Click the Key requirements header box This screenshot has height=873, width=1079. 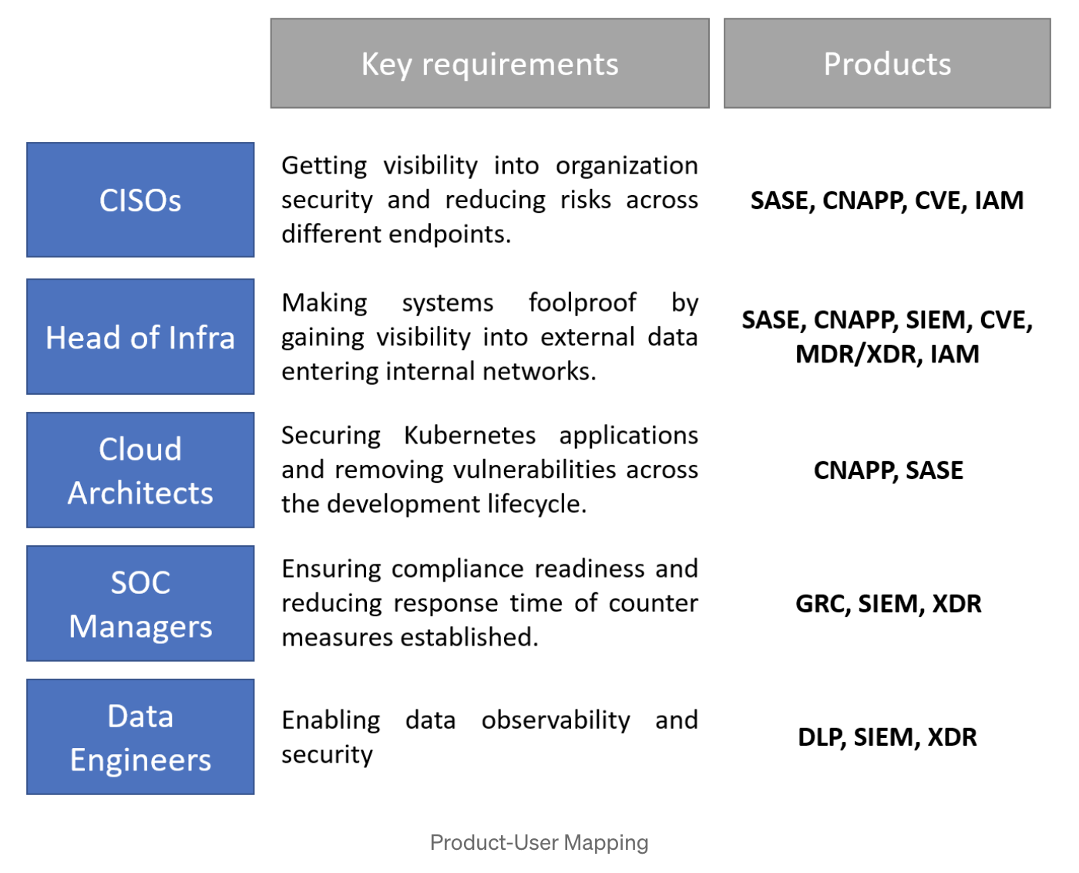coord(489,63)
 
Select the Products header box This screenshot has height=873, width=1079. coord(887,63)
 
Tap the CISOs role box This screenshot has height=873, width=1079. coord(140,200)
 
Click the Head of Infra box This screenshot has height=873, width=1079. coord(140,336)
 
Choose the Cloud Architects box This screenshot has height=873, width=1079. coord(140,470)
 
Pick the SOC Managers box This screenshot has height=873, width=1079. coord(140,603)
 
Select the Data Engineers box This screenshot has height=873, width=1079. coord(140,736)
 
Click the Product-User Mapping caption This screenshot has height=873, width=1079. coord(539,843)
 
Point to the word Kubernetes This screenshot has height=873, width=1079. coord(469,435)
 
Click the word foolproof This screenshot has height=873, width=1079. coord(582,302)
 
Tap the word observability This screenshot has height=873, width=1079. coord(556,720)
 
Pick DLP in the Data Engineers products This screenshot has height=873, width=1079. coord(819,737)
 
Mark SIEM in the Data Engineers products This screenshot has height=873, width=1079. coord(884,737)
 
